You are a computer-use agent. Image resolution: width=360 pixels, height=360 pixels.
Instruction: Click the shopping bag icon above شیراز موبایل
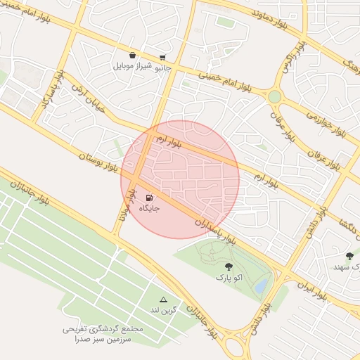pyautogui.click(x=132, y=55)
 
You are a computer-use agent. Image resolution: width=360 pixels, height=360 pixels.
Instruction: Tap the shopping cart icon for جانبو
pyautogui.click(x=162, y=58)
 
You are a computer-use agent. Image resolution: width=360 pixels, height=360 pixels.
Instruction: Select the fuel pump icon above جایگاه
pyautogui.click(x=149, y=198)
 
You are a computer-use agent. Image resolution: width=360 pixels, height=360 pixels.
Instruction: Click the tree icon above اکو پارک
pyautogui.click(x=229, y=266)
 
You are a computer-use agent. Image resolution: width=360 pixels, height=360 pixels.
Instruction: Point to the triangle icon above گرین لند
pyautogui.click(x=164, y=299)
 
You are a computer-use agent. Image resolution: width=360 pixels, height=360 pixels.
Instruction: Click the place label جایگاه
pyautogui.click(x=149, y=209)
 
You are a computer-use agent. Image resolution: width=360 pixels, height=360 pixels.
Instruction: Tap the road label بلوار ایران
pyautogui.click(x=310, y=291)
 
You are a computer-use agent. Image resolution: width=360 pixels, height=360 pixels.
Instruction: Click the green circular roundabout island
pyautogui.click(x=274, y=96)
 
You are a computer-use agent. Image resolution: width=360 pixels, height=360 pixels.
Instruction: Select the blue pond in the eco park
pyautogui.click(x=261, y=285)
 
